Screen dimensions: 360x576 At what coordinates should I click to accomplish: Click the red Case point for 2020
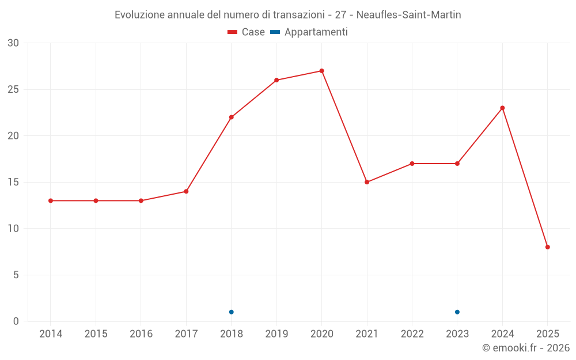tap(321, 71)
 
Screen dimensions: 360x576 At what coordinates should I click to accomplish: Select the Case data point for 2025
tap(548, 247)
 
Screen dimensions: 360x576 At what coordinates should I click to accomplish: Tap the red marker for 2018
tap(232, 117)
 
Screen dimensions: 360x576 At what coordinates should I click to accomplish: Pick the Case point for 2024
tap(502, 108)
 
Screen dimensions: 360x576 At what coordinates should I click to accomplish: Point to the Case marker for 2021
tap(367, 182)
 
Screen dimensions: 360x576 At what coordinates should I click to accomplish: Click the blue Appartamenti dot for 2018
tap(232, 312)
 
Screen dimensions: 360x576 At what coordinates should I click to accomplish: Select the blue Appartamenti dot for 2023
tap(457, 312)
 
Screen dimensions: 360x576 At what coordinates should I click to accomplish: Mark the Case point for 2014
tap(51, 200)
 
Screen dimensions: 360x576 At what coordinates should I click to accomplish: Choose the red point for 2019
tap(276, 80)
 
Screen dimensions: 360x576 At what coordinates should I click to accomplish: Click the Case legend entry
tap(247, 32)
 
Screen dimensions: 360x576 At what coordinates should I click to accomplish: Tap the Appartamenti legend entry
tap(309, 32)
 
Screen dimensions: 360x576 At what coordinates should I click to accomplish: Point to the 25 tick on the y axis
tap(13, 89)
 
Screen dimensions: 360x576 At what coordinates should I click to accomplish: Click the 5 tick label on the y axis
tap(16, 275)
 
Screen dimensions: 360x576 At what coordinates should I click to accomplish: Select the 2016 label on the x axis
tap(141, 334)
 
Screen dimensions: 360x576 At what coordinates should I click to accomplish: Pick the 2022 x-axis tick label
tap(412, 334)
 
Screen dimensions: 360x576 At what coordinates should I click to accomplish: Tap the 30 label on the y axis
tap(13, 43)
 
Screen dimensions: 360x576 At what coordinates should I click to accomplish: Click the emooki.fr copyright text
tap(526, 348)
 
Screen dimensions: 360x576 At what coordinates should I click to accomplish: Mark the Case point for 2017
tap(186, 191)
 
